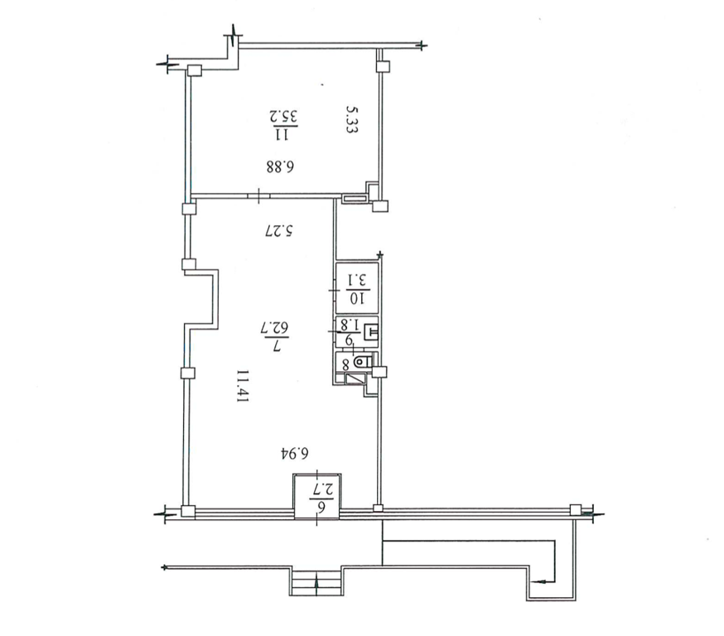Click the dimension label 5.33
(x=352, y=119)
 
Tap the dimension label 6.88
(x=280, y=166)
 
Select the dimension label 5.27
(x=280, y=230)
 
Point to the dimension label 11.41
(x=243, y=386)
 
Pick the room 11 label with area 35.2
(x=282, y=124)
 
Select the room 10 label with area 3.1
(x=356, y=289)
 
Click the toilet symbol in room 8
(x=364, y=361)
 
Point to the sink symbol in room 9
(x=371, y=333)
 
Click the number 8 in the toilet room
(x=345, y=364)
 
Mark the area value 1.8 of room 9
(x=350, y=324)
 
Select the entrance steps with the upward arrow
(x=316, y=581)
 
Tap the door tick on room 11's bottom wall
(x=258, y=195)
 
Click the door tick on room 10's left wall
(x=334, y=291)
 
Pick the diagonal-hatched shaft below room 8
(x=355, y=378)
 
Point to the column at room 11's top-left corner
(x=195, y=70)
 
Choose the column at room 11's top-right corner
(x=383, y=66)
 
